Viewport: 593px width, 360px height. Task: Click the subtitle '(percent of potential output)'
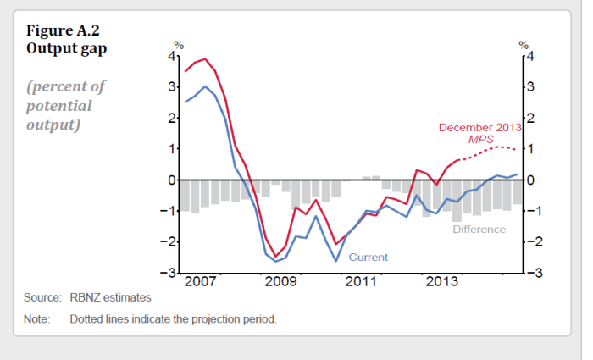pyautogui.click(x=66, y=106)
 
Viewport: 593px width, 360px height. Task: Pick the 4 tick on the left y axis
pyautogui.click(x=171, y=56)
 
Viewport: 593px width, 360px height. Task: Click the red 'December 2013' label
pyautogui.click(x=479, y=128)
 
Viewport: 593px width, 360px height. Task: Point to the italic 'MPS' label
pyautogui.click(x=480, y=139)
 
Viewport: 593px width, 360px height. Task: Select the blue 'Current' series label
pyautogui.click(x=368, y=257)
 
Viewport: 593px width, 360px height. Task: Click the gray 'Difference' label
pyautogui.click(x=479, y=229)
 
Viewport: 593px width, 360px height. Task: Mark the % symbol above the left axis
pyautogui.click(x=179, y=45)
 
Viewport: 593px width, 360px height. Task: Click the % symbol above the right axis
pyautogui.click(x=524, y=45)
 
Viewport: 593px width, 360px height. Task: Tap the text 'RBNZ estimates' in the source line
pyautogui.click(x=110, y=298)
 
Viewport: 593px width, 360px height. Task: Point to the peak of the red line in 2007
pyautogui.click(x=205, y=59)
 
